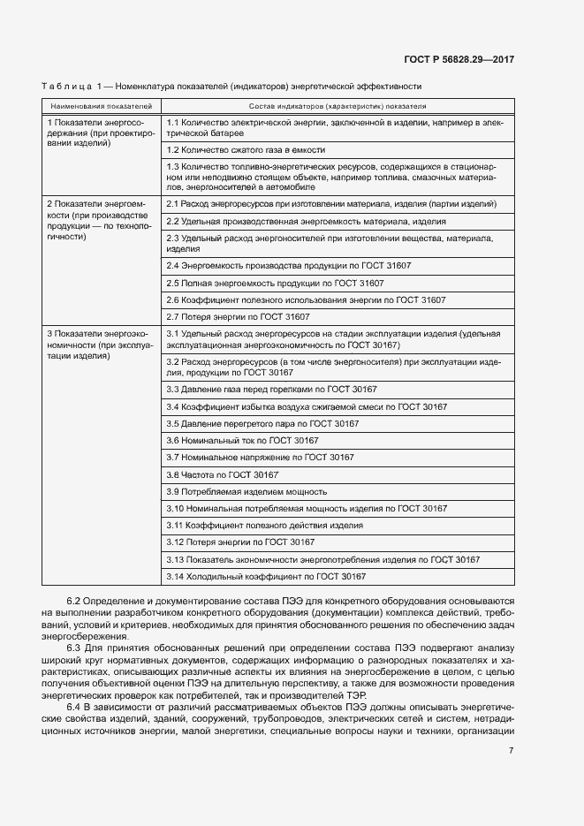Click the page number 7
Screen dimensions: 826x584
(x=512, y=751)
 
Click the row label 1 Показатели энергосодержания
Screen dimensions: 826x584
(x=101, y=134)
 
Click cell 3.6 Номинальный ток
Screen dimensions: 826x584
(x=242, y=440)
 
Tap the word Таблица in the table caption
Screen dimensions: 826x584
(x=67, y=87)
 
